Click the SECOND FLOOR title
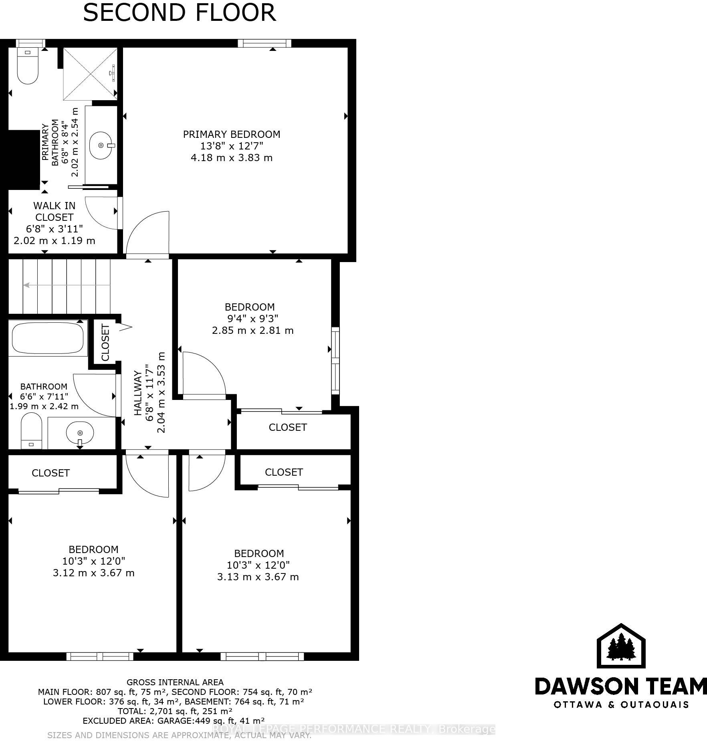click(179, 12)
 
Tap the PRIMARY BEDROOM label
click(232, 134)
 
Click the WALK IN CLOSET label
click(54, 211)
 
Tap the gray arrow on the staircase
click(67, 285)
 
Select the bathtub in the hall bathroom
click(48, 337)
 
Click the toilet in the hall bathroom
click(31, 431)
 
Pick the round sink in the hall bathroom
click(80, 433)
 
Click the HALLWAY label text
click(137, 393)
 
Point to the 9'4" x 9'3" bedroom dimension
click(252, 319)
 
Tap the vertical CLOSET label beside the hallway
click(105, 343)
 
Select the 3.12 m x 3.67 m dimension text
click(94, 573)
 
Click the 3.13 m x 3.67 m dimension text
click(258, 577)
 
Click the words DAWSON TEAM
click(621, 686)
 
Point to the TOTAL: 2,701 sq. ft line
click(175, 711)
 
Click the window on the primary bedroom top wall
click(265, 43)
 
